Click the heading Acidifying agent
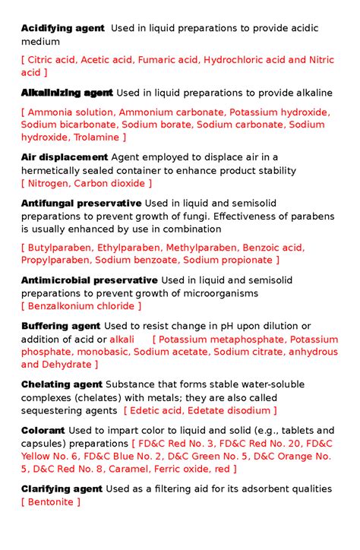[x=63, y=28]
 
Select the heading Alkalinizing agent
[x=67, y=93]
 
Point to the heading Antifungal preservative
[x=81, y=203]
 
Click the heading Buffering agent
[x=61, y=326]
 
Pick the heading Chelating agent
[x=62, y=384]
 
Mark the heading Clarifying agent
[x=62, y=488]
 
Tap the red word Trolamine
[x=96, y=137]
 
